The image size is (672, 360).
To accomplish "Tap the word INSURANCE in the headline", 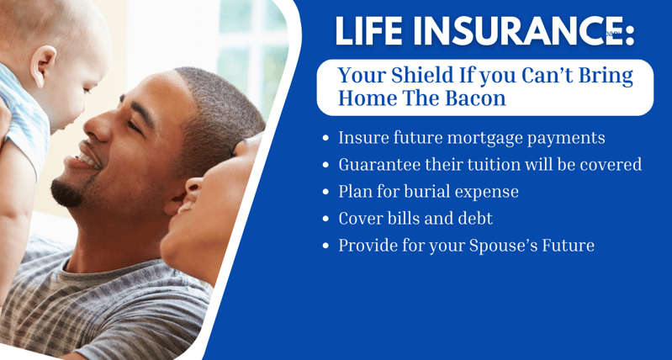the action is coord(511,31).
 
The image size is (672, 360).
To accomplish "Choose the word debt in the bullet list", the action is coord(476,219).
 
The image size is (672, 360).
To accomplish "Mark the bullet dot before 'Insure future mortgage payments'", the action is coord(326,139).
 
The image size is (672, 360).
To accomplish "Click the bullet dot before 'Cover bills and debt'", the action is coord(326,219).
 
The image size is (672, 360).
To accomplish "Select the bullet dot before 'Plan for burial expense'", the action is coord(326,192).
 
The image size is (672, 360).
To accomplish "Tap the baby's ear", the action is coord(43,65).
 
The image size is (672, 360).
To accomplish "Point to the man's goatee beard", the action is coord(66,193).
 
